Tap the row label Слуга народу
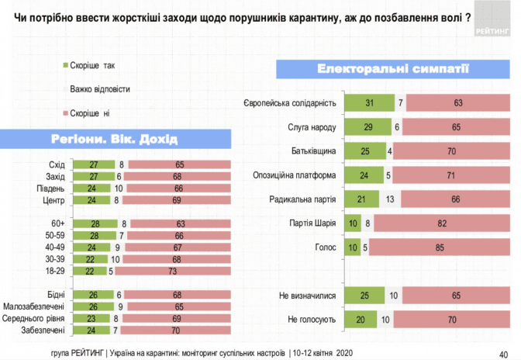(313, 127)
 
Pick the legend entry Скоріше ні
(90, 113)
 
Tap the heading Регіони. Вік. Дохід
(114, 140)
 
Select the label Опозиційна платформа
(295, 175)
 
